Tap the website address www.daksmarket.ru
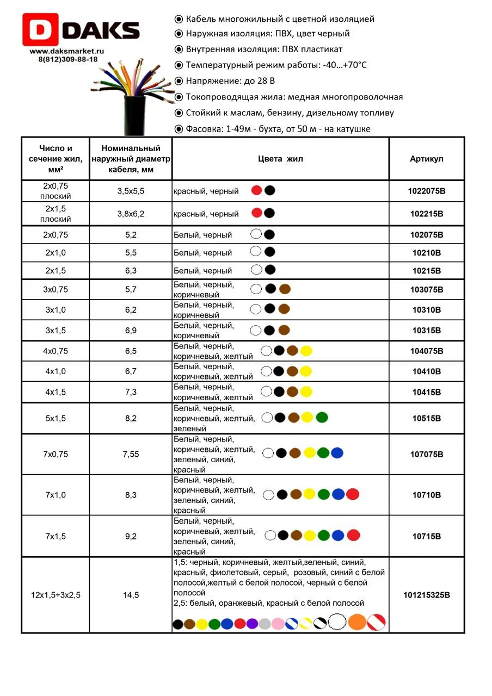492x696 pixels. pos(67,51)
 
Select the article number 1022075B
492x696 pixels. pos(427,191)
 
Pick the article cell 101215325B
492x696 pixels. pos(427,595)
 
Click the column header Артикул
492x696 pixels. pos(427,159)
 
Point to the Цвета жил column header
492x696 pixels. pos(280,159)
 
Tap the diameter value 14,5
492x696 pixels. pos(131,595)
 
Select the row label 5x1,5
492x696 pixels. pos(56,418)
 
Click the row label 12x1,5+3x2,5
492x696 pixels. pos(56,595)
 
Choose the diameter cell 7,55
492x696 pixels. pos(131,454)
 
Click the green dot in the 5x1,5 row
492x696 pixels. pos(322,418)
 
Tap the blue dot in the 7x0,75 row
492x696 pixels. pos(337,452)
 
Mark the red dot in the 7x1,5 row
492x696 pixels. pos(354,535)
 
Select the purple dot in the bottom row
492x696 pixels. pos(252,624)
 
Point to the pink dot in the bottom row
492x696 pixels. pos(278,624)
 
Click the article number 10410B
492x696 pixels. pos(427,371)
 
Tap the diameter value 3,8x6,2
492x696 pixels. pos(131,214)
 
